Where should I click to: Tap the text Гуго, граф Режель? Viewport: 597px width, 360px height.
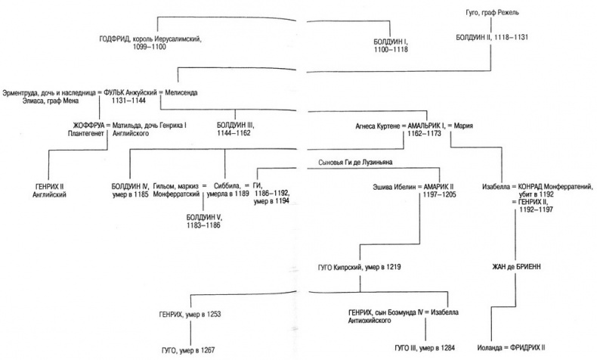tap(492, 13)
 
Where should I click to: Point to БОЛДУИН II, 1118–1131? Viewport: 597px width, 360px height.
tap(495, 36)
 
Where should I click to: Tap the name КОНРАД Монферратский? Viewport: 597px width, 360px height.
tap(555, 184)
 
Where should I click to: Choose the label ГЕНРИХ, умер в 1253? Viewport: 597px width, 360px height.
tap(190, 312)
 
